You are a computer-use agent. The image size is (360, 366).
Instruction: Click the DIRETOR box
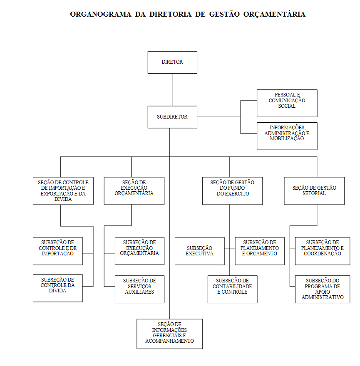[172, 62]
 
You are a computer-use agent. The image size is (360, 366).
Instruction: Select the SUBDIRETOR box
[172, 117]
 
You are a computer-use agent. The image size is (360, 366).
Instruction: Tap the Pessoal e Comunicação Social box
[287, 103]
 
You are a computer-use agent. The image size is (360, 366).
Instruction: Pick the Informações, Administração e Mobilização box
[287, 136]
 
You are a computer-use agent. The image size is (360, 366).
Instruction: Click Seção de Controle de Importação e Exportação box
[63, 191]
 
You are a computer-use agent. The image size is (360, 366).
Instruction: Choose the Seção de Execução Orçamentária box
[134, 191]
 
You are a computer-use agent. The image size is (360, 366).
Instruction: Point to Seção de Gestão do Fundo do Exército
[233, 191]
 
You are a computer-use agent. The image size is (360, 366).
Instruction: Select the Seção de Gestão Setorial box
[314, 191]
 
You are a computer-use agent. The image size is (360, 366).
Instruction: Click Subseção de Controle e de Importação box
[58, 251]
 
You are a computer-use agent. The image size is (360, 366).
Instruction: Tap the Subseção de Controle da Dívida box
[58, 288]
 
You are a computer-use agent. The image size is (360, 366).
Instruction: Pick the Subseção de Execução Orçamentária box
[139, 251]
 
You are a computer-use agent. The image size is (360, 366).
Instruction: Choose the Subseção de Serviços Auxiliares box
[139, 289]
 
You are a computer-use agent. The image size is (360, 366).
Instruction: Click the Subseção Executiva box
[200, 251]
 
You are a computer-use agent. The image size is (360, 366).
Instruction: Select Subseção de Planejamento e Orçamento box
[260, 251]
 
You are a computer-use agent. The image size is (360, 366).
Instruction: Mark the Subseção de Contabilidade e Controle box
[233, 289]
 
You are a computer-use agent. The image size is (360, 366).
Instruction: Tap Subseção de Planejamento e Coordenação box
[323, 251]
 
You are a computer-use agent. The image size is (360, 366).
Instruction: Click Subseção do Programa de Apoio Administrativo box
[323, 289]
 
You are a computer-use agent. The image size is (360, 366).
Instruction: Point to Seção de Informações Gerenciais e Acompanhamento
[170, 334]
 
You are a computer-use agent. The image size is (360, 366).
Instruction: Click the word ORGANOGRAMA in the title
[101, 14]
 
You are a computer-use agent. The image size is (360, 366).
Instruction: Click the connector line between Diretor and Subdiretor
[172, 90]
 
